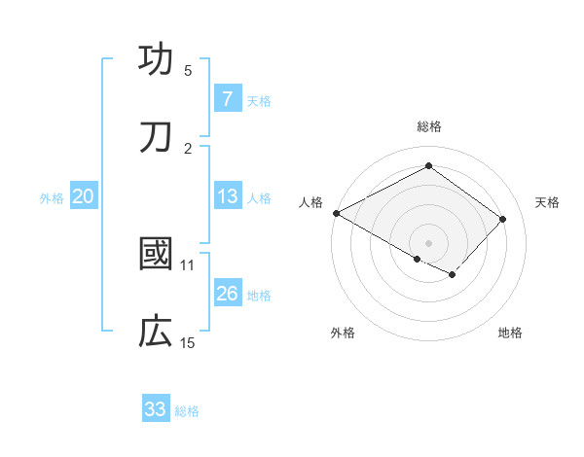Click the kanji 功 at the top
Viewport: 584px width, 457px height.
point(156,60)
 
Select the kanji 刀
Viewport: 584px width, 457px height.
point(156,138)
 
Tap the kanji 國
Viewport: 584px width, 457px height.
point(156,255)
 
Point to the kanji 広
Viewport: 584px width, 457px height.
point(156,333)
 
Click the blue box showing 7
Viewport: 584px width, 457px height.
point(227,98)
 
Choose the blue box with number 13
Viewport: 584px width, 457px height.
point(227,196)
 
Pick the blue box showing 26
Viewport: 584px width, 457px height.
point(227,293)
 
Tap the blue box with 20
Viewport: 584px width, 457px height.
point(83,196)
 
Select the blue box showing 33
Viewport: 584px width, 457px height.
point(156,409)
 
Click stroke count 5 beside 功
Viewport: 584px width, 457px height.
point(188,71)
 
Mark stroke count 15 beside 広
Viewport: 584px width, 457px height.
point(188,343)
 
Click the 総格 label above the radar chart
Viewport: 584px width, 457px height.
point(429,126)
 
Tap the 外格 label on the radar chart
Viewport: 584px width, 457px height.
point(343,334)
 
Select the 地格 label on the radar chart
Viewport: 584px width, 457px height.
point(510,334)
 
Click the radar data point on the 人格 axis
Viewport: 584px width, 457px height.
point(336,213)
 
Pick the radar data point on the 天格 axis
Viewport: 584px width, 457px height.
point(503,219)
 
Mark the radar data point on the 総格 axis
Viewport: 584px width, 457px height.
point(428,165)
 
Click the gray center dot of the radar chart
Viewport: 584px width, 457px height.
point(428,242)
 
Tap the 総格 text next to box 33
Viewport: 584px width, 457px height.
point(187,411)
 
